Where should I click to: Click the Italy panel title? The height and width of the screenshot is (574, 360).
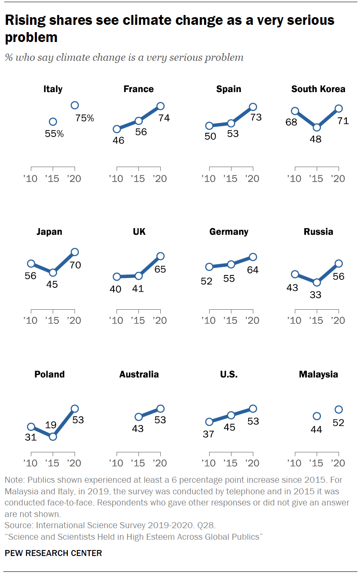pos(53,89)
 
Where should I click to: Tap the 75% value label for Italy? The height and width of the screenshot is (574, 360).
pos(85,118)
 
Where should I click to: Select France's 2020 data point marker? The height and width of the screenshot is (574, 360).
pos(160,106)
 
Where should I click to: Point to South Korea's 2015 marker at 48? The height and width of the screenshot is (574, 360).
pos(317,127)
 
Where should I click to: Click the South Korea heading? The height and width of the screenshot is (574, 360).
pos(318,89)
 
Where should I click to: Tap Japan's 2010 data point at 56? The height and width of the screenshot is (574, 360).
pos(31,263)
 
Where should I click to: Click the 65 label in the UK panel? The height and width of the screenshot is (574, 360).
pos(160,269)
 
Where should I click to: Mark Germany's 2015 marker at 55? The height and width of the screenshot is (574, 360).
pos(231,264)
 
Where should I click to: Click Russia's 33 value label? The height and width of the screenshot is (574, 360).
pos(317,295)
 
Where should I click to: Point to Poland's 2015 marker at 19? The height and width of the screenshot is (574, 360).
pos(53,436)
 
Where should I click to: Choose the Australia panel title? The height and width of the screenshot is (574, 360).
pos(139,374)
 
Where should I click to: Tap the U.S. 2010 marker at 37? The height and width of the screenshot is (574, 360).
pos(209,422)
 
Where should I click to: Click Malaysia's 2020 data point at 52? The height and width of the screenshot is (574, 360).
pos(339,410)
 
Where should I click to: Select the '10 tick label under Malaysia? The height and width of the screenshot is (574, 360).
pos(294,463)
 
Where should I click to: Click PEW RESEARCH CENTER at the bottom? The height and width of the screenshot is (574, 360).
pos(54,553)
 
